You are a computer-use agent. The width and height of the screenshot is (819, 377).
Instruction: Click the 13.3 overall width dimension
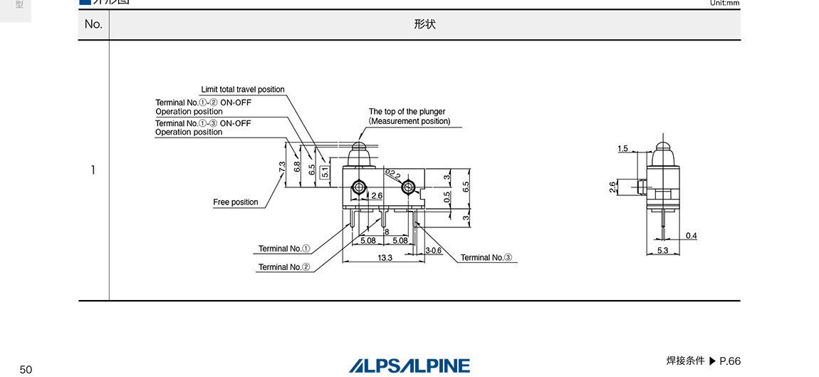(385, 257)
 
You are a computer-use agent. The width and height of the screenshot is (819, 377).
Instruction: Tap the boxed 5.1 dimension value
(325, 172)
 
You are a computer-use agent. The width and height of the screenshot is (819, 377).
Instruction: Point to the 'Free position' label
(236, 202)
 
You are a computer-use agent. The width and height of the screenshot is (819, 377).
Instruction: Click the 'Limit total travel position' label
(243, 90)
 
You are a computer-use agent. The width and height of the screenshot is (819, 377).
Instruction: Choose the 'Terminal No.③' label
(486, 258)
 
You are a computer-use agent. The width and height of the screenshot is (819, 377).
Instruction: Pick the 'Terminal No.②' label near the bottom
(284, 267)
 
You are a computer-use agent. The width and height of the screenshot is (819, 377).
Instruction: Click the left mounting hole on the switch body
(359, 187)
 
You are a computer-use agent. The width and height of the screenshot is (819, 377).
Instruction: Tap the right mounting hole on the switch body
(408, 187)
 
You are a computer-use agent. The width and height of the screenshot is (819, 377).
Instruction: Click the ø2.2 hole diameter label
(392, 173)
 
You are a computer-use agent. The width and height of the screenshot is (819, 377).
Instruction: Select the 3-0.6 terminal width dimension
(434, 250)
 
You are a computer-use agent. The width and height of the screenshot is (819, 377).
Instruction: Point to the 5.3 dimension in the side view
(662, 250)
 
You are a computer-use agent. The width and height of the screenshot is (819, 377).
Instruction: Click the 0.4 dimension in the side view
(692, 236)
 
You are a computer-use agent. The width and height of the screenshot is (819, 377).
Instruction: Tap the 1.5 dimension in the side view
(623, 149)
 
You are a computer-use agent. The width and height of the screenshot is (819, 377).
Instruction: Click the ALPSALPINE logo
(409, 366)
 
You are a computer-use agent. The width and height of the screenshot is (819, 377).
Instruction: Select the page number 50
(26, 369)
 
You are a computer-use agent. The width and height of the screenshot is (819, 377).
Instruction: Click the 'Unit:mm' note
(724, 3)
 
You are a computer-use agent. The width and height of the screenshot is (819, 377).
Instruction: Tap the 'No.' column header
(93, 24)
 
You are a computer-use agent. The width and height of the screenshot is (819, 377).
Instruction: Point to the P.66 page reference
(730, 361)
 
